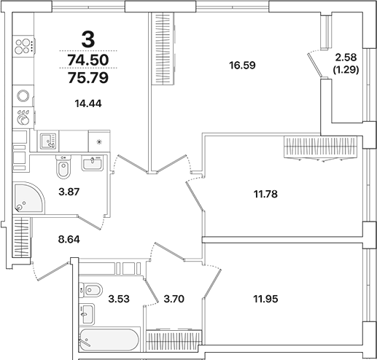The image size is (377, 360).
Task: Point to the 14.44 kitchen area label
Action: click(x=88, y=103)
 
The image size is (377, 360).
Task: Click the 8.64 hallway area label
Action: click(x=71, y=238)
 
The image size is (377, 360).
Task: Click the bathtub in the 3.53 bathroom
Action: click(x=108, y=341)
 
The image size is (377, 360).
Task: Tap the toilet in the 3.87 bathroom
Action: click(x=63, y=168)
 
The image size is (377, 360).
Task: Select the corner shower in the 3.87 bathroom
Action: click(x=29, y=196)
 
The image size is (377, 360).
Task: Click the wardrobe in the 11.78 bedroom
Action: click(x=320, y=149)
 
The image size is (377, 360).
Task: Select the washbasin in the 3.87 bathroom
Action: click(x=93, y=164)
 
